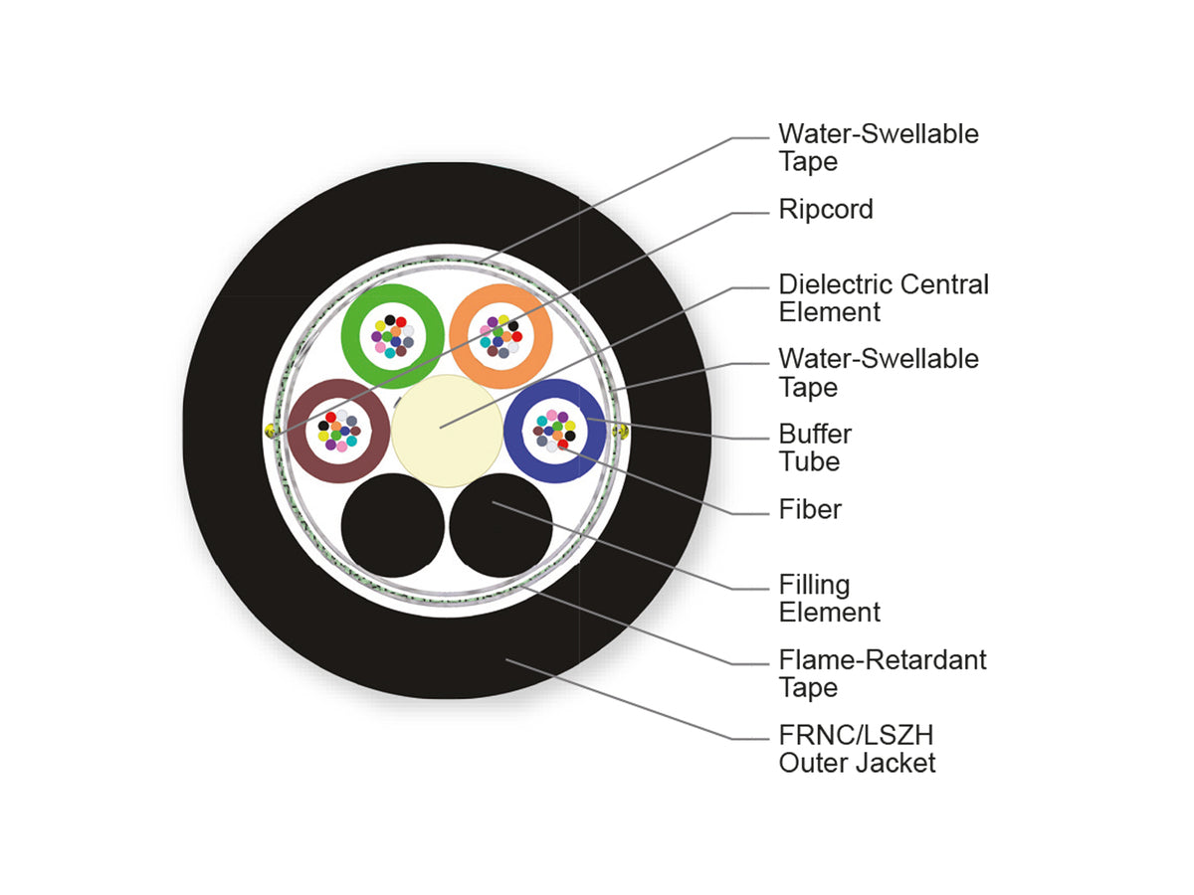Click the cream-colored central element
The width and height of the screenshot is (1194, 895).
coord(447,431)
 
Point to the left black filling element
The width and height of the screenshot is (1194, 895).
coord(393,525)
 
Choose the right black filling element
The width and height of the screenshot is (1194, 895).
coord(501,525)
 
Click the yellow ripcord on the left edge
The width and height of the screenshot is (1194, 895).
coord(270,432)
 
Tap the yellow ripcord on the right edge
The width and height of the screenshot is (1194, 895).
coord(621,432)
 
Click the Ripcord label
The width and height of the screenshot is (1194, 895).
coord(826,209)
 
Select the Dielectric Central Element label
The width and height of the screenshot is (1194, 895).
coord(884,297)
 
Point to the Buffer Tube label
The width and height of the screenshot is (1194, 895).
coord(815,447)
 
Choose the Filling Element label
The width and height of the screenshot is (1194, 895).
coord(829,599)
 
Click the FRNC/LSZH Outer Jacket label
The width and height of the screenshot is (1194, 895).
coord(858,749)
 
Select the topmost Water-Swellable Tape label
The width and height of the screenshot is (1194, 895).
coord(879,147)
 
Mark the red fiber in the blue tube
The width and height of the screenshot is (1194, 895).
coord(563,445)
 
